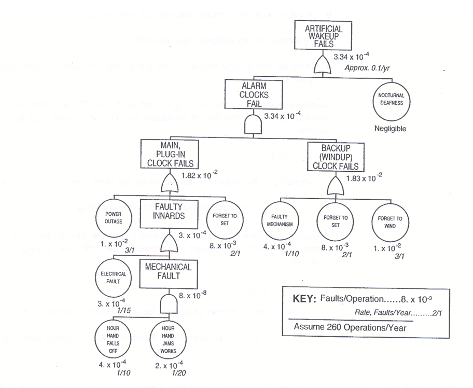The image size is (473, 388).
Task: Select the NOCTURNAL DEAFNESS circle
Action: coord(390,99)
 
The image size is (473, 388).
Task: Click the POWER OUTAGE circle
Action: coord(113,217)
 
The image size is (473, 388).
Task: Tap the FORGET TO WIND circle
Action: coord(389,222)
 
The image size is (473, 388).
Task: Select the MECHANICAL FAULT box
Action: coord(169,274)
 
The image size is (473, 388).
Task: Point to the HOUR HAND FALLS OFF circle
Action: coord(113,339)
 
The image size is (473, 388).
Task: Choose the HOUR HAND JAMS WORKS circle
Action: coord(168,339)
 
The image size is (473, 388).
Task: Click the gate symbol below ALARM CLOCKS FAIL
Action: coord(253,125)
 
